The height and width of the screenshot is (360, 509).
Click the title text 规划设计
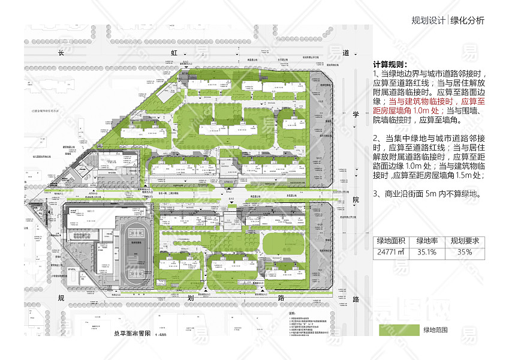point(429,20)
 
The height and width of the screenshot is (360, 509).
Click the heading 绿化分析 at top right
point(466,20)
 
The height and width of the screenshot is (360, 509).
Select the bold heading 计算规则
point(390,64)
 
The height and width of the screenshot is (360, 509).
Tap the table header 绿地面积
point(391,241)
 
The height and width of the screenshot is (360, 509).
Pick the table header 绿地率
point(427,241)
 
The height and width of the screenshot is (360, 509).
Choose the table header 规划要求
point(465,241)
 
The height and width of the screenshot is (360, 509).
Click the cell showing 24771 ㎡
point(391,253)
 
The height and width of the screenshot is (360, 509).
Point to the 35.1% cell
point(427,253)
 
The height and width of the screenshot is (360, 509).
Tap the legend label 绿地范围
point(436,329)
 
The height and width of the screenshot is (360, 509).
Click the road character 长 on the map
point(59,53)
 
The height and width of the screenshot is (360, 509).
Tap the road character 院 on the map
point(356,199)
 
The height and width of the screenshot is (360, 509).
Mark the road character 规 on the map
point(60,298)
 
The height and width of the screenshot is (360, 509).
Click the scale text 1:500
point(161,334)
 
